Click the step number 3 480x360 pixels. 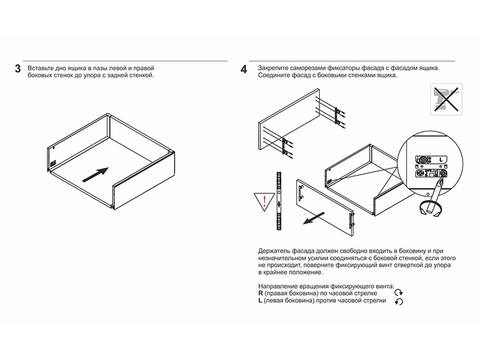(18, 69)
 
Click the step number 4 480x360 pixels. (244, 69)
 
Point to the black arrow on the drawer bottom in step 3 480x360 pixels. (94, 175)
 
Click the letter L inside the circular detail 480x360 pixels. (441, 160)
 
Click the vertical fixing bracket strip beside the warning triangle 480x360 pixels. (279, 200)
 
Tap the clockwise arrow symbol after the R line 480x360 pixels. (398, 293)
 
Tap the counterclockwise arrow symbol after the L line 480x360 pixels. (398, 301)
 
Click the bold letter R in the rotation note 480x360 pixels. (260, 293)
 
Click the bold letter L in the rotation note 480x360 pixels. (260, 301)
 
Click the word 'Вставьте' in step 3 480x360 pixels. (41, 68)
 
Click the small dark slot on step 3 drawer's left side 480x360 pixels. (53, 163)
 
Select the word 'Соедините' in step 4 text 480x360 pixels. (275, 76)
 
